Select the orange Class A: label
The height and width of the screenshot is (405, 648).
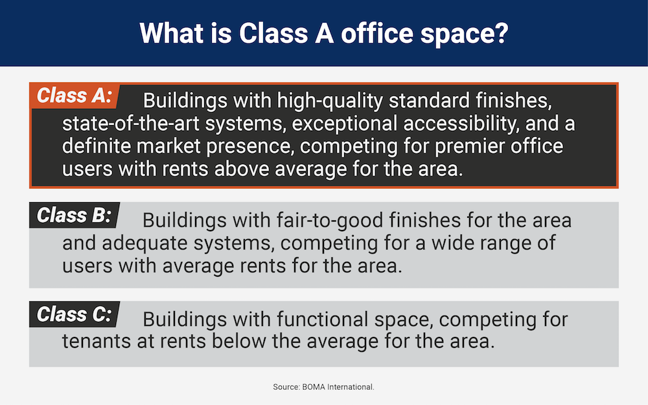pos(75,96)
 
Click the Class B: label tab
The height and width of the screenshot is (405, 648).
pos(75,215)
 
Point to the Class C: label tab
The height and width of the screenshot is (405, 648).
pos(75,314)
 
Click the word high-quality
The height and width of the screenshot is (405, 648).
pos(330,101)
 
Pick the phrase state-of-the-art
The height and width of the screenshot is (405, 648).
pos(131,124)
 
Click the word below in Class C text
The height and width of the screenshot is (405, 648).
pos(239,341)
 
